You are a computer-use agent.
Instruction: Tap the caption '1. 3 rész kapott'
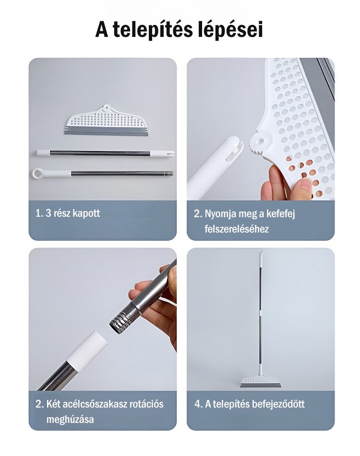(68, 213)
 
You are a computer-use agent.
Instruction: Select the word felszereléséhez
(237, 229)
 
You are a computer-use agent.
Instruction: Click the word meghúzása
(70, 420)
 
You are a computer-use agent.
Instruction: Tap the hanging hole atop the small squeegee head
(106, 108)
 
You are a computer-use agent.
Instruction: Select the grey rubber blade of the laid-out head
(107, 130)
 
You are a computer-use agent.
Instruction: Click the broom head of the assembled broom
(261, 381)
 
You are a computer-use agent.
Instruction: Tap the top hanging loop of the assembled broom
(261, 252)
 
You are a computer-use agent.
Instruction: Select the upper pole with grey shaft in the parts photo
(105, 152)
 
